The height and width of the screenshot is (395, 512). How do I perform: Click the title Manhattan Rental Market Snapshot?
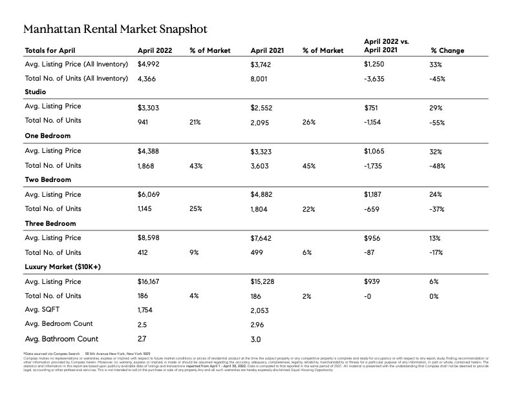click(x=114, y=30)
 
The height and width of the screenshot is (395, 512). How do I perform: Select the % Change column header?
click(x=447, y=50)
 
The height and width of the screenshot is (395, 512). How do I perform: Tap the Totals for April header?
click(x=52, y=50)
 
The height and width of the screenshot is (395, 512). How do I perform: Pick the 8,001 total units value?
click(x=261, y=79)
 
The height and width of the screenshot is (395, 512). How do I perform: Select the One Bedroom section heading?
click(x=47, y=136)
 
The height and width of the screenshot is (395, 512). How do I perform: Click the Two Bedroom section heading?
click(x=48, y=179)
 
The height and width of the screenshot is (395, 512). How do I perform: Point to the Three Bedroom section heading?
click(x=50, y=223)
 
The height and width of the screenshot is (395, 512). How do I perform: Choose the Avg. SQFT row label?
click(x=44, y=310)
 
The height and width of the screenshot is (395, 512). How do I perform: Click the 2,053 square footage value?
click(x=261, y=310)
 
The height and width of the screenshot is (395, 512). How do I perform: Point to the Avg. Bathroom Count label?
click(x=61, y=339)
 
